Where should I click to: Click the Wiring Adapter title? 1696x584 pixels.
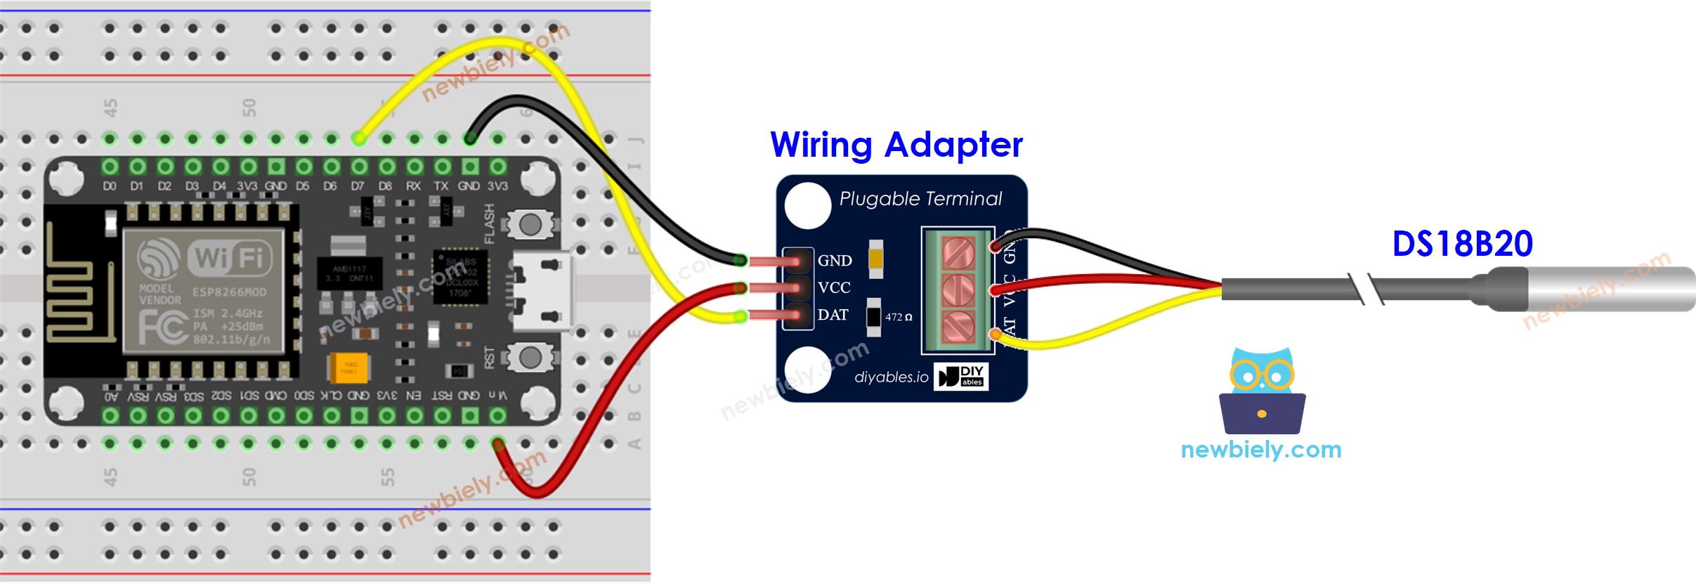tap(896, 145)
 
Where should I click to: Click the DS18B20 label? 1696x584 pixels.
tap(1462, 244)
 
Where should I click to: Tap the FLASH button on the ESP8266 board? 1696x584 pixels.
tap(530, 224)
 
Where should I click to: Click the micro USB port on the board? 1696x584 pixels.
tap(542, 291)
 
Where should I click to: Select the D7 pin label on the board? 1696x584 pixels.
tap(358, 186)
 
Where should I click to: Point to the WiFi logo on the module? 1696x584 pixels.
tap(229, 258)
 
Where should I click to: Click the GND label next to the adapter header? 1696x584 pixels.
tap(835, 261)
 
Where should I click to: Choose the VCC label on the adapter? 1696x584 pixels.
tap(834, 288)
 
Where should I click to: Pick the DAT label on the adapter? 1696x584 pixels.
tap(833, 315)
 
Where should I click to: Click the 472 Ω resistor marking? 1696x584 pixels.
tap(898, 317)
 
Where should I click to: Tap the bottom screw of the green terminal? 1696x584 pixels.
tap(958, 327)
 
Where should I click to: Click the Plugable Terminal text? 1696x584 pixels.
tap(920, 199)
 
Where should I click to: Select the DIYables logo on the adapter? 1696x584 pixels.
tap(961, 376)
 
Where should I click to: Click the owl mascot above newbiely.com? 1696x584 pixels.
tap(1262, 391)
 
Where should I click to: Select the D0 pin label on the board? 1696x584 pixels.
tap(110, 186)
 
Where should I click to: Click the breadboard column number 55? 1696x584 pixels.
tap(387, 478)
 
